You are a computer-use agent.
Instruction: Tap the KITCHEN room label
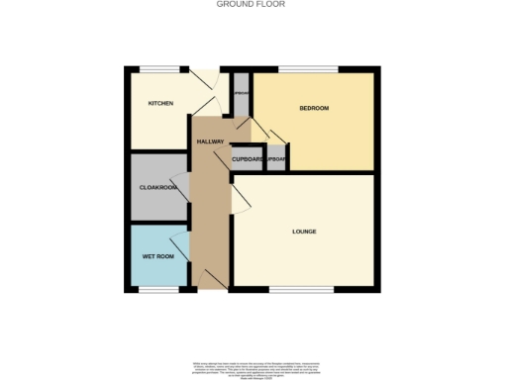[161, 103]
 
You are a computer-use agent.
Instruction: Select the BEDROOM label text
[313, 108]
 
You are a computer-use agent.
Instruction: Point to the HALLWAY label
[210, 142]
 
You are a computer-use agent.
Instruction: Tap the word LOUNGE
[304, 232]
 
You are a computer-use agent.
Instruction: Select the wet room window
[158, 290]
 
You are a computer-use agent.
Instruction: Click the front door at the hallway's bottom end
[210, 279]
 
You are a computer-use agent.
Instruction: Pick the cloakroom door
[179, 186]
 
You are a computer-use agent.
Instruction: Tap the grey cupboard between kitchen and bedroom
[241, 93]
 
